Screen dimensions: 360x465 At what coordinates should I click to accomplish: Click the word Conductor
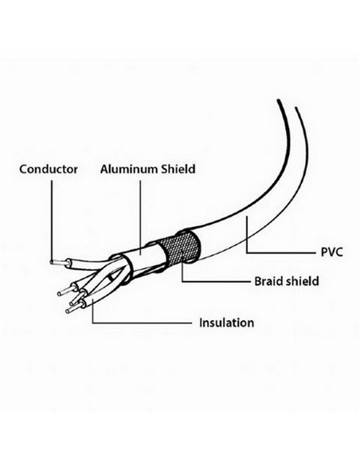tap(49, 170)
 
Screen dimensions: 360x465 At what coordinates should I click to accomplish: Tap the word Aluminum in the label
tap(129, 169)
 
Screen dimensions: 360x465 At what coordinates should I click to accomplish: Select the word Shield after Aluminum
tap(178, 169)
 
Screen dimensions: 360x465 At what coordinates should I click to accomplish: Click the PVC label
tap(332, 252)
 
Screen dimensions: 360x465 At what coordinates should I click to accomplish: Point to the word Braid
tap(267, 281)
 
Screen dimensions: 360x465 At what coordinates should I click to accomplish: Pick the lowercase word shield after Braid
tap(301, 281)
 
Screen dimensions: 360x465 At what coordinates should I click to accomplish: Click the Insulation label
tap(226, 322)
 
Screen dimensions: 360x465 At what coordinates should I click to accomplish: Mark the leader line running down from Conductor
tap(52, 221)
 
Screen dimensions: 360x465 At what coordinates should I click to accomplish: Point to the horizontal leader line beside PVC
tap(281, 253)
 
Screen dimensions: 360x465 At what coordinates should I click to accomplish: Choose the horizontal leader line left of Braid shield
tap(216, 281)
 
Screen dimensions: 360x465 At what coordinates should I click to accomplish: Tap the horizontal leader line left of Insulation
tap(142, 322)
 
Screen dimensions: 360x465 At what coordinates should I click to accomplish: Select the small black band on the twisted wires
tap(111, 278)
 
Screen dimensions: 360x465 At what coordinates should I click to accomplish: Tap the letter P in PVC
tap(324, 252)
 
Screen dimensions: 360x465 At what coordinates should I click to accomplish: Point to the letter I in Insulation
tap(201, 322)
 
